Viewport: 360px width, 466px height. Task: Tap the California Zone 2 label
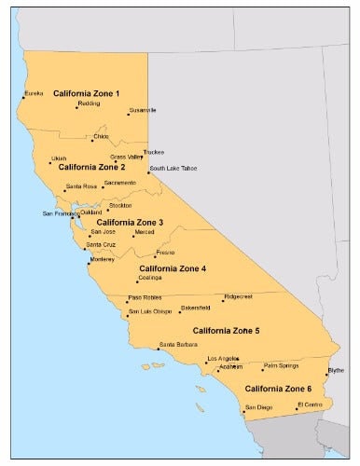tap(92, 168)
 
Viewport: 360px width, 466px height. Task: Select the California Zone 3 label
tap(130, 223)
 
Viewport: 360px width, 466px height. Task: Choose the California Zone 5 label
tap(227, 331)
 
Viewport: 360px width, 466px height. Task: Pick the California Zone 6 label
tap(278, 388)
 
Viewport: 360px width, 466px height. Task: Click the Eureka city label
tap(34, 94)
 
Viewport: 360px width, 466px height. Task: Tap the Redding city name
tap(90, 104)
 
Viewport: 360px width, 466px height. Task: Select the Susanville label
tap(143, 111)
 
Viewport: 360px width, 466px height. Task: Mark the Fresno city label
tap(166, 253)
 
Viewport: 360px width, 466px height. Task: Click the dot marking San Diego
tap(243, 410)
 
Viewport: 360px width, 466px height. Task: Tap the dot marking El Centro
tap(297, 408)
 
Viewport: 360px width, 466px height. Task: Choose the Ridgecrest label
tap(240, 298)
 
